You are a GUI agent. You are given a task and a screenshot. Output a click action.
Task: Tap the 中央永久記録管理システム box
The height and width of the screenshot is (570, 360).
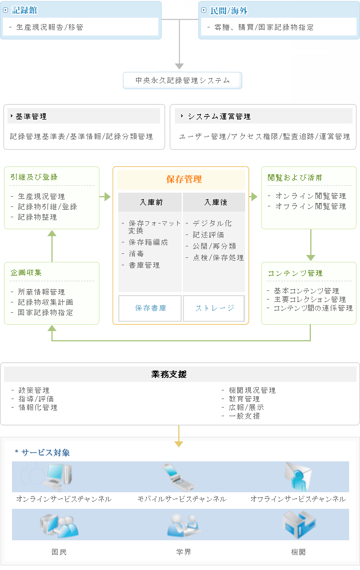point(182,81)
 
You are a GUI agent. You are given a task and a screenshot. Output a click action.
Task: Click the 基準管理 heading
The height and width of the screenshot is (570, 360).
point(31,116)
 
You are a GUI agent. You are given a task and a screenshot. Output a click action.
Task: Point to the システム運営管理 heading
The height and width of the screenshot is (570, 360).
point(219,116)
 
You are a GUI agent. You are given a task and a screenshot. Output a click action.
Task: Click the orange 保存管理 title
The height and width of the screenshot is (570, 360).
point(183,179)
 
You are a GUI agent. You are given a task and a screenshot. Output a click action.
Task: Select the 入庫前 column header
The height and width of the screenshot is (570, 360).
point(150,202)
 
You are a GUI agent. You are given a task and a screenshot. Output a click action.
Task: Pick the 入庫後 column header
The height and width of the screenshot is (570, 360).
point(215,202)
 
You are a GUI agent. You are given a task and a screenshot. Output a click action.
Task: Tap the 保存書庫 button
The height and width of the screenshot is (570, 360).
point(150,308)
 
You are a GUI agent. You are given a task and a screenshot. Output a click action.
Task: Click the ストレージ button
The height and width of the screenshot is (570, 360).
point(214,308)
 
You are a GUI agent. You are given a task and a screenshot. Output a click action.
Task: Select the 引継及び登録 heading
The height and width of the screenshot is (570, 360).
point(34,177)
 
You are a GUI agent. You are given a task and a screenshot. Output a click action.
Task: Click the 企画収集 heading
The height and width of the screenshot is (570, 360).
point(26,273)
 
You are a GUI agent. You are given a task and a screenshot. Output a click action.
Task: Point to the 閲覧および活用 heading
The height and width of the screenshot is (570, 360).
point(295,177)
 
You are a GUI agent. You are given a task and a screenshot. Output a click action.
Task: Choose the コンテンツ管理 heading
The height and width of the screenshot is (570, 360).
point(295,273)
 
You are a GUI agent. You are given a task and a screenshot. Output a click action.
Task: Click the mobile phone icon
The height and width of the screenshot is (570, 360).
point(177,477)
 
